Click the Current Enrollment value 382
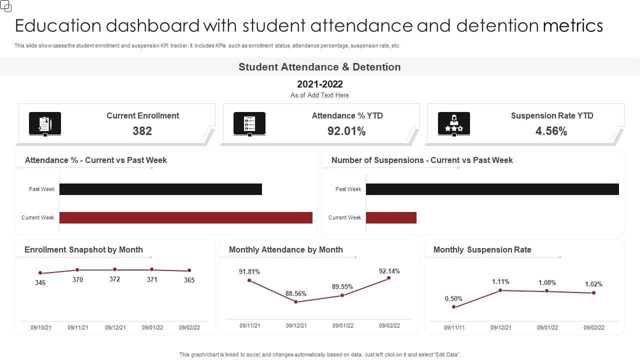142,131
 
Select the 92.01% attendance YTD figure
346,131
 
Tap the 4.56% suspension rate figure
551,131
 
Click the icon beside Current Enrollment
45,123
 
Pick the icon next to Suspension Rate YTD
454,123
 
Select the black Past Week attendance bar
160,189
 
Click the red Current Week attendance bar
185,217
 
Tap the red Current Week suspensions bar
391,217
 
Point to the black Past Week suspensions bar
492,189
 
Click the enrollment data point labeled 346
40,273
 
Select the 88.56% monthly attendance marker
296,301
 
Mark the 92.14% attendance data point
388,278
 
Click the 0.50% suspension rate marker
453,306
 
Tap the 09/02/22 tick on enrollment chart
189,327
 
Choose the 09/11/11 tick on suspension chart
454,327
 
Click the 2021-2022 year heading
319,84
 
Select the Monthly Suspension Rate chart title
482,249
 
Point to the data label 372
114,279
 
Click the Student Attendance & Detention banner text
319,67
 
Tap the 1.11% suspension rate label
500,281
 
